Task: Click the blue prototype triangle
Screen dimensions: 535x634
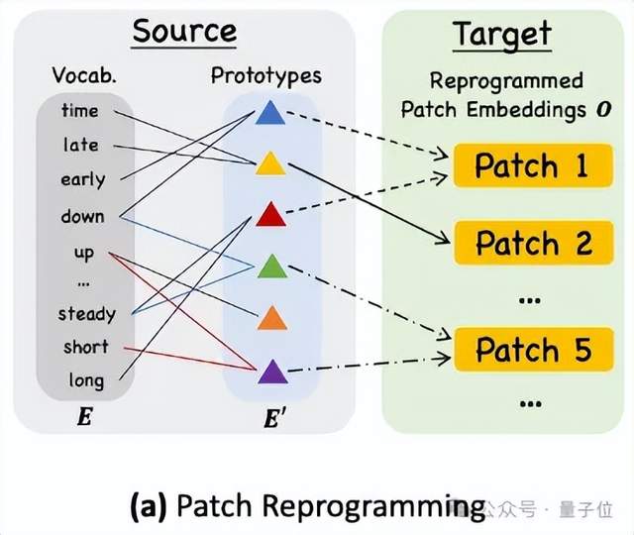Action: coord(269,115)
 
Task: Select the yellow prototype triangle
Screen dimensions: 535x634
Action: coord(269,163)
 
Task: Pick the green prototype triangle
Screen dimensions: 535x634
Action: coord(270,267)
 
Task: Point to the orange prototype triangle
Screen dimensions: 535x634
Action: coord(270,319)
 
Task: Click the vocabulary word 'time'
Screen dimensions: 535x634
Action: coord(80,110)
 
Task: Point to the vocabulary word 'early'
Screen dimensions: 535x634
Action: coord(82,180)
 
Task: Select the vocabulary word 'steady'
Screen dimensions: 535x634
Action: coord(86,314)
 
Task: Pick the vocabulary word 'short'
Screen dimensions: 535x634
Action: coord(86,348)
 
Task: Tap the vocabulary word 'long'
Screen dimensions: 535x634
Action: coord(86,379)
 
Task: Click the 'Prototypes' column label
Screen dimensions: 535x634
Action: coord(265,75)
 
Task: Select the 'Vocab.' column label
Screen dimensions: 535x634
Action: coord(83,76)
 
